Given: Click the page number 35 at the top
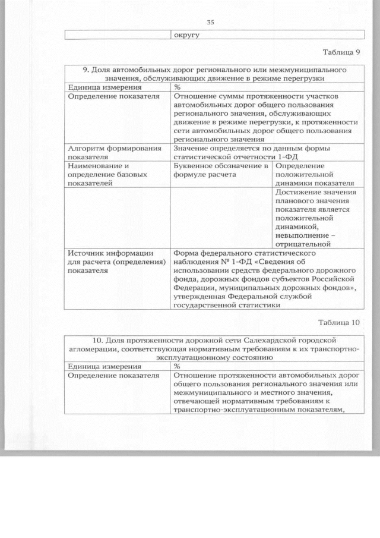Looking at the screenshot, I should click(210, 23).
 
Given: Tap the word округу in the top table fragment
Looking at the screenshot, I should click(185, 34).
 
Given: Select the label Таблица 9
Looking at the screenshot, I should click(341, 52).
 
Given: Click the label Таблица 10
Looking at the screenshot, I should click(339, 323).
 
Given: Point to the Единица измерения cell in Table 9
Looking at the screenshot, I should click(99, 87).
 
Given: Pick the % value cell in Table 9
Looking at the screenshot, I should click(178, 87).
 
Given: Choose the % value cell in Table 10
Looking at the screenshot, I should click(178, 366).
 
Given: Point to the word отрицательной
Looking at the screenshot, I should click(302, 243).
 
